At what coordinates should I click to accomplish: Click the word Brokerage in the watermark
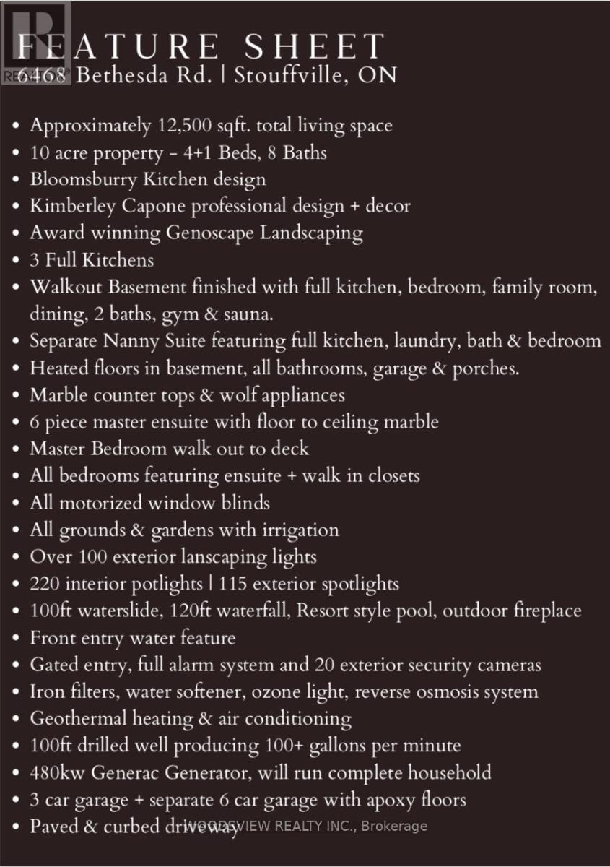tap(396, 826)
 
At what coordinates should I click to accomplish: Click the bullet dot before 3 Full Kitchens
tap(17, 261)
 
